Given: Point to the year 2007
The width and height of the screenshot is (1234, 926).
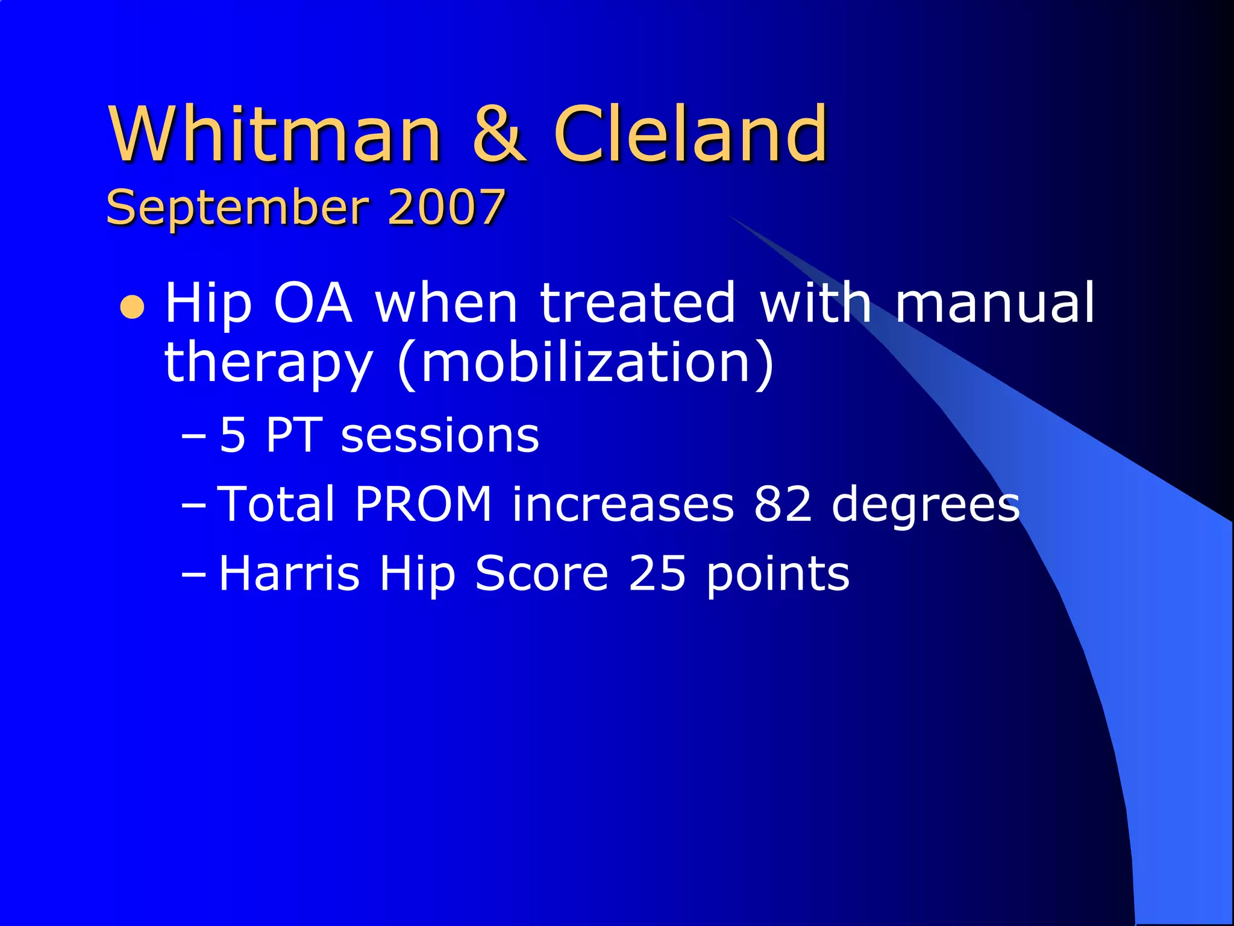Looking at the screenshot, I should pos(446,207).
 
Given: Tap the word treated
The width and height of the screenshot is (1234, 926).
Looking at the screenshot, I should pos(637,303).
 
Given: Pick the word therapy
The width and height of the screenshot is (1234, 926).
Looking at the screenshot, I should pos(268,363).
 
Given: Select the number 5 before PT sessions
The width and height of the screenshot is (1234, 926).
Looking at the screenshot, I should pos(233,435).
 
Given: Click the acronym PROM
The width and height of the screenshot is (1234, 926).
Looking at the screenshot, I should pos(424,504).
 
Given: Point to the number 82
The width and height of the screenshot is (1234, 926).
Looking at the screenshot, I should pos(783,504).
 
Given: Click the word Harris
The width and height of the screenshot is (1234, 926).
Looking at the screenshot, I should pos(289,573).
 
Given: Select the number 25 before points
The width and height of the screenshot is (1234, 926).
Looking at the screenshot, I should pos(657,573).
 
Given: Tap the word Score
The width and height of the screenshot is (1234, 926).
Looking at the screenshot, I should pos(541,573).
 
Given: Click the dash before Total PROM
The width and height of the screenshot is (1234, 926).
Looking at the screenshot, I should pos(193,505).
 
